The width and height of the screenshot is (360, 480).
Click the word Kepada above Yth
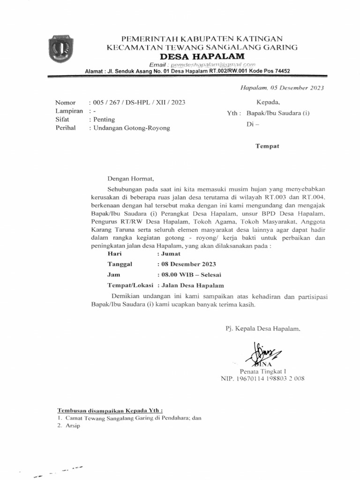tap(268, 102)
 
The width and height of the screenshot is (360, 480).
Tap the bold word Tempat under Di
tap(267, 146)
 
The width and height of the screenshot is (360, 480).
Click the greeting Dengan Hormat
tap(130, 179)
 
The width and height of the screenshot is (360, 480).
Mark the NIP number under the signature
tap(262, 378)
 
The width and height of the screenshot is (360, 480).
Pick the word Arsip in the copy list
tap(74, 427)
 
